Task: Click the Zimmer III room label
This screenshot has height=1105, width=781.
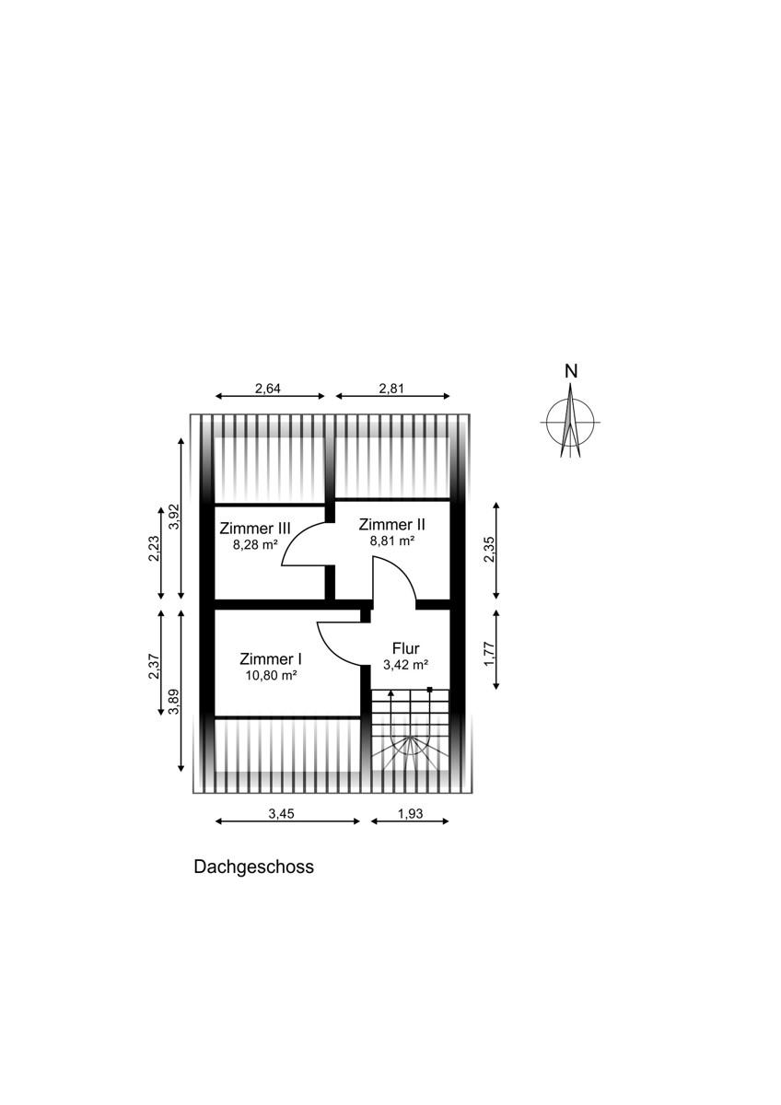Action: point(255,529)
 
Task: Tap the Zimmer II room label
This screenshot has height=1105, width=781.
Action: point(391,524)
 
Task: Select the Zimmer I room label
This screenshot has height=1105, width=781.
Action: point(271,659)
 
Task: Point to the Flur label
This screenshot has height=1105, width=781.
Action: point(405,647)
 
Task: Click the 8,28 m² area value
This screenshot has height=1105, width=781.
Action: point(255,545)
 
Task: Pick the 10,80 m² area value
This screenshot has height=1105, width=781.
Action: point(271,676)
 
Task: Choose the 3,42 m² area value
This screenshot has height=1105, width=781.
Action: point(405,665)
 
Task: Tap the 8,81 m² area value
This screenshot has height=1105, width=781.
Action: point(392,541)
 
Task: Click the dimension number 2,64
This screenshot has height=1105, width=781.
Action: point(267,389)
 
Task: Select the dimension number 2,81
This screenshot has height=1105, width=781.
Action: point(391,389)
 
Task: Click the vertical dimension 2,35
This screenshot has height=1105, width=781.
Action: point(489,550)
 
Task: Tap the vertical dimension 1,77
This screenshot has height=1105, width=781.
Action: point(489,653)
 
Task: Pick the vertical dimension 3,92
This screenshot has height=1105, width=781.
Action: point(175,517)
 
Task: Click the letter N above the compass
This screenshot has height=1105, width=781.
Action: point(571,371)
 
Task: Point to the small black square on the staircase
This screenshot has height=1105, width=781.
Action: point(430,689)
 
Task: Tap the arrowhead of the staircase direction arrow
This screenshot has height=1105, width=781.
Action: point(390,693)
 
